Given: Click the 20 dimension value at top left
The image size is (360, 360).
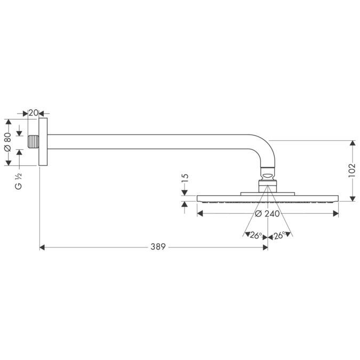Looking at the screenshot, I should click(33, 113).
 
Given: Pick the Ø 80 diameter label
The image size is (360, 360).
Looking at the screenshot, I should click(7, 142).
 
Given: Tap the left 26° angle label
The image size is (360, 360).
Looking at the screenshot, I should click(256, 235).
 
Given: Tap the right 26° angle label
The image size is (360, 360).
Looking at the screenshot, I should click(279, 235).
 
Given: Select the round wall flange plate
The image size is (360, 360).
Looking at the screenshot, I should click(44, 142).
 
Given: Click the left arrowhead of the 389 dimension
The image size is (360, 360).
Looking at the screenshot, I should click(43, 247).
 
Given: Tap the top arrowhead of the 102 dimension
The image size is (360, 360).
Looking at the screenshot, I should click(352, 143).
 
